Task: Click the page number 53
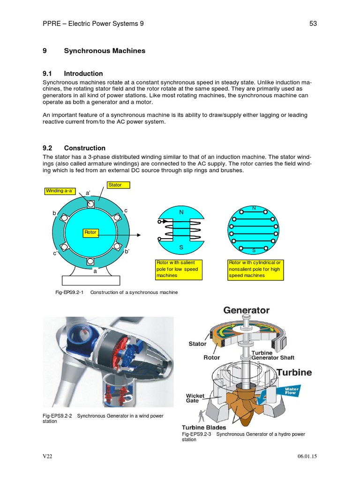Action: click(313, 24)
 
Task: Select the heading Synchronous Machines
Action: click(105, 51)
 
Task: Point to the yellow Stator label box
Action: click(119, 185)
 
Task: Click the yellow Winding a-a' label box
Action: click(60, 191)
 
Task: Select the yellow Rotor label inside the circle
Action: click(90, 232)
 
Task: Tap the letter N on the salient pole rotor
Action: click(181, 212)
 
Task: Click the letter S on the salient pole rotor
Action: click(181, 247)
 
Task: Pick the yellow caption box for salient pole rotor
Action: click(179, 270)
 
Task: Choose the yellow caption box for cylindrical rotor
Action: click(255, 270)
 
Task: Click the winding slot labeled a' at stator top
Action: click(90, 205)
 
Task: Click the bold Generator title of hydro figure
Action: click(247, 310)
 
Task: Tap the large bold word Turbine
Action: click(294, 373)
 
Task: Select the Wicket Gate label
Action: click(195, 398)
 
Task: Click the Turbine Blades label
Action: click(204, 427)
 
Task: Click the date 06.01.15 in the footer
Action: click(307, 456)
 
